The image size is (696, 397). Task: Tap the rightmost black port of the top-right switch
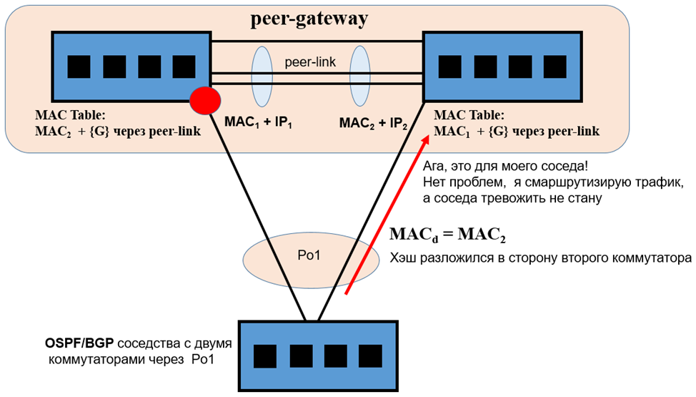(554, 67)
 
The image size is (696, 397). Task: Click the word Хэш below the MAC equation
(404, 258)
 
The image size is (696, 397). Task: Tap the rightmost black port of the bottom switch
(370, 356)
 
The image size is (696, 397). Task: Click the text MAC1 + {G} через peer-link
(516, 132)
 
